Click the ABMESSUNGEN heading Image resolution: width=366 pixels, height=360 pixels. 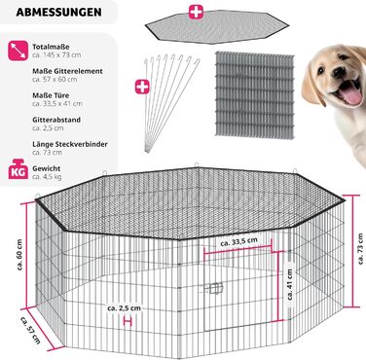pos(58,12)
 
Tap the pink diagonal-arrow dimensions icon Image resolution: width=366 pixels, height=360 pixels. pos(18,51)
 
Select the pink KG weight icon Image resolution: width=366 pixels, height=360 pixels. pos(18,169)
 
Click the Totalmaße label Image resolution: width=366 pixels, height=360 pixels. pos(51,47)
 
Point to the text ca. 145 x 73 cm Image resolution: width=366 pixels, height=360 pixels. pos(56,54)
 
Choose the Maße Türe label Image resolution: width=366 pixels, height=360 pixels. pos(51,95)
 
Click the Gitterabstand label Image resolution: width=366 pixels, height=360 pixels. pos(56,120)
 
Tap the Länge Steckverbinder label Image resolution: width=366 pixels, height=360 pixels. pos(70,144)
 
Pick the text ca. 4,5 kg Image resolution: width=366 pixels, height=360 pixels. pos(47,177)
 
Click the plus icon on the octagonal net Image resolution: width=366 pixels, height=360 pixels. pos(196,12)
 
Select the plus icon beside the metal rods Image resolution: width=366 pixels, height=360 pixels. pos(142,87)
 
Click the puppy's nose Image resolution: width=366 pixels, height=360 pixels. pos(340,72)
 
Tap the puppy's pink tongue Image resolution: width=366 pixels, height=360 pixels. pos(351,94)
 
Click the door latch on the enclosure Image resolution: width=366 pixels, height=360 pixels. pos(215,288)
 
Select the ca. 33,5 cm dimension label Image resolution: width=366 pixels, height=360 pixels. pos(238,241)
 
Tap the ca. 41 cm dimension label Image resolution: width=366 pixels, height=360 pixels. pos(290,284)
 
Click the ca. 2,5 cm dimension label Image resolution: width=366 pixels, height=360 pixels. pos(125,308)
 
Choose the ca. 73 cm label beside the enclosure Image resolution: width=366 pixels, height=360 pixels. pos(360,249)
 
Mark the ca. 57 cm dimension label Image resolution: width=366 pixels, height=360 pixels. pos(30,330)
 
